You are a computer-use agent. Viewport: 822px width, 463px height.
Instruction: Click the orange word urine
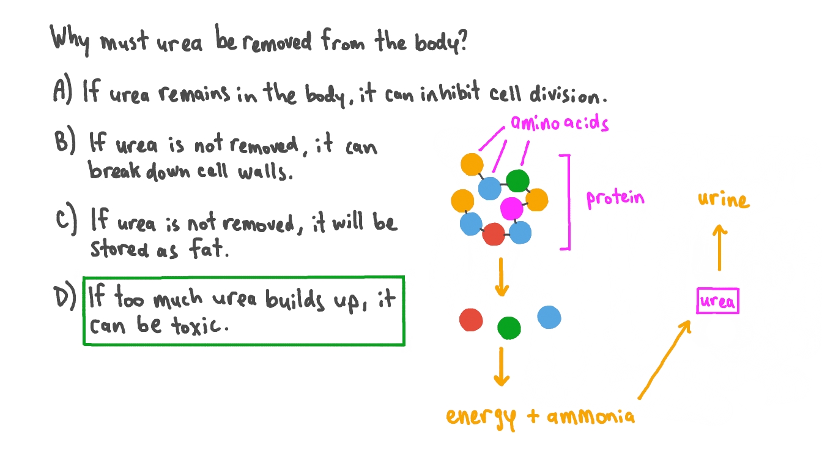(x=723, y=200)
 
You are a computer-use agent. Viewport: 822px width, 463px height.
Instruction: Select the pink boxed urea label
(x=718, y=301)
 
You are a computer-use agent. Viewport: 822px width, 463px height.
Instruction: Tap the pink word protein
(x=615, y=198)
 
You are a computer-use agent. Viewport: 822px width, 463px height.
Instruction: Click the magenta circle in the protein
(x=511, y=208)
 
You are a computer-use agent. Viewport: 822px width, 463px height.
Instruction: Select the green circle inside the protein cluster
(x=517, y=181)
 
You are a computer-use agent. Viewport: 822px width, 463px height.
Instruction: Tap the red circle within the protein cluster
(x=493, y=234)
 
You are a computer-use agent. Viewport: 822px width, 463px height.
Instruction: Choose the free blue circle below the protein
(x=549, y=317)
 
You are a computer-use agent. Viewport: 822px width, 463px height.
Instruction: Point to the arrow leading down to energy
(x=502, y=366)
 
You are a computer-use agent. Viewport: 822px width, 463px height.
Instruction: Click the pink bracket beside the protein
(x=567, y=202)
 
